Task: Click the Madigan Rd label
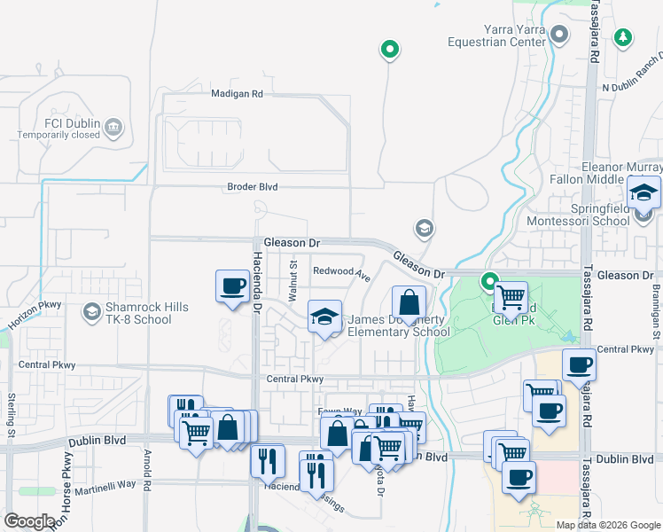pyautogui.click(x=238, y=93)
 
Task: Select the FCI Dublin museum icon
pyautogui.click(x=113, y=128)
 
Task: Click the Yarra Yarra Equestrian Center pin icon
pyautogui.click(x=558, y=35)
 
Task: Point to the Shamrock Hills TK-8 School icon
pyautogui.click(x=91, y=312)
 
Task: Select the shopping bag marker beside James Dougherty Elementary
pyautogui.click(x=408, y=303)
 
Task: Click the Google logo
pyautogui.click(x=30, y=521)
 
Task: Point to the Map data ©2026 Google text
pyautogui.click(x=607, y=525)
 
